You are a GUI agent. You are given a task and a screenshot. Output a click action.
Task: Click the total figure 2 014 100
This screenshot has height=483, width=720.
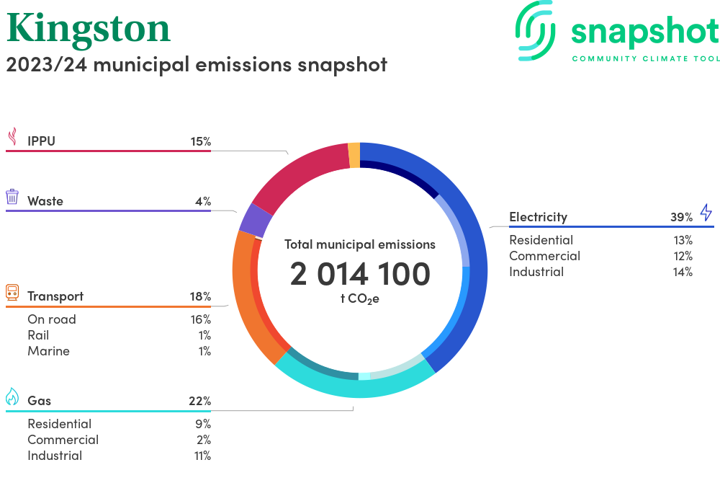coord(360,274)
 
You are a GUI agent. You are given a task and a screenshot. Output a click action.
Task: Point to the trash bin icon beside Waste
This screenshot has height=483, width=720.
coord(12,197)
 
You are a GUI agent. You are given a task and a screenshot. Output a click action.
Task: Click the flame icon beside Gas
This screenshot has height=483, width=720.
coord(12,396)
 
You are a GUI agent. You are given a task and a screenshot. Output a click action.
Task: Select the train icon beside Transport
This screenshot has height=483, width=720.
coord(12,292)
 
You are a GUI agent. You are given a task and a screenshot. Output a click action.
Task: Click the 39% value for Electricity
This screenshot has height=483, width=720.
coord(681,217)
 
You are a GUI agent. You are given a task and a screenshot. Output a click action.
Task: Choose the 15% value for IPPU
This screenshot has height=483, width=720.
coord(201,141)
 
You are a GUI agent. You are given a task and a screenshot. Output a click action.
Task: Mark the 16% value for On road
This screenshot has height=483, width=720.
coord(201,319)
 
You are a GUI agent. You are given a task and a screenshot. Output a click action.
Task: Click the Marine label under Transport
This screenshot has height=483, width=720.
coord(48,351)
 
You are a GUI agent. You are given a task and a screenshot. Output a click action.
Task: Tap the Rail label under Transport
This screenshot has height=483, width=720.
coord(38,335)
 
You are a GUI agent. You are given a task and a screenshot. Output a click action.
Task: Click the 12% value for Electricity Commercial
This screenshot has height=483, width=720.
coord(682,256)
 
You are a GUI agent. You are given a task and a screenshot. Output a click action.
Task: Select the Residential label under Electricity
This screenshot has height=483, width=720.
coord(541,240)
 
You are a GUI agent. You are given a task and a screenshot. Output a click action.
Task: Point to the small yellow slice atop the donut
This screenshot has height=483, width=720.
coord(354,155)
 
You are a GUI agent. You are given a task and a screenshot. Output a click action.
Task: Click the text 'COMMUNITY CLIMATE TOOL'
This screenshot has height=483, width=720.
coord(645,58)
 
